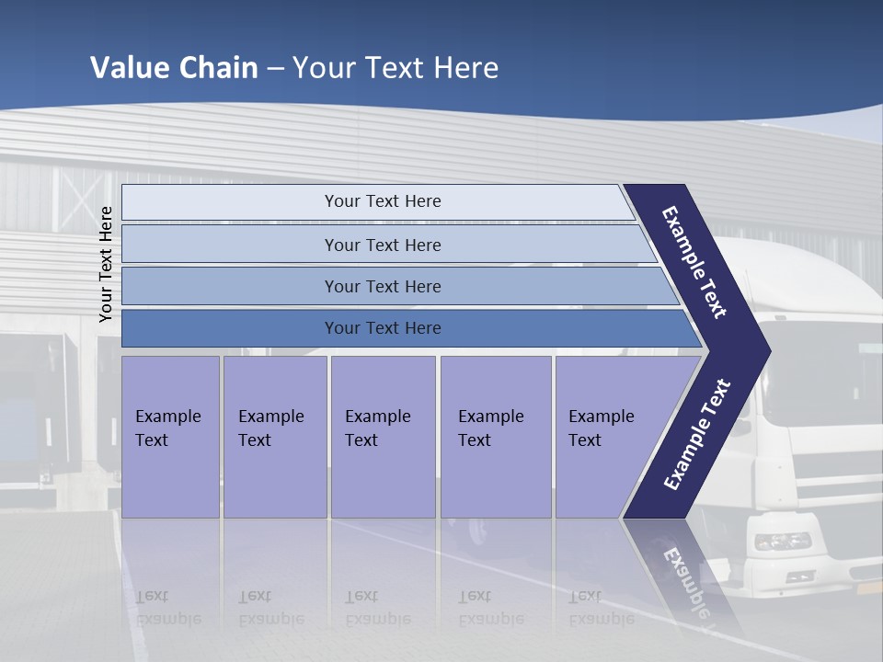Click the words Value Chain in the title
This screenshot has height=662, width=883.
175,68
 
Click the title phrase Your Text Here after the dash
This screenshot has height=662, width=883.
396,68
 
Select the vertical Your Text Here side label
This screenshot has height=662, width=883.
106,264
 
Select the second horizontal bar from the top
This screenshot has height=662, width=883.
382,245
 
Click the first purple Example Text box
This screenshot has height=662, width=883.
170,436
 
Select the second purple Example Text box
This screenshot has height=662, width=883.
274,436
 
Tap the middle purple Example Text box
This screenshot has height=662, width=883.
383,436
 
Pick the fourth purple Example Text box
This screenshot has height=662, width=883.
495,436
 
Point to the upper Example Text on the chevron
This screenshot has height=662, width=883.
695,262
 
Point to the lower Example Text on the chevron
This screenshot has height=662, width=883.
697,435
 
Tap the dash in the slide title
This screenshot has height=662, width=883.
275,69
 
